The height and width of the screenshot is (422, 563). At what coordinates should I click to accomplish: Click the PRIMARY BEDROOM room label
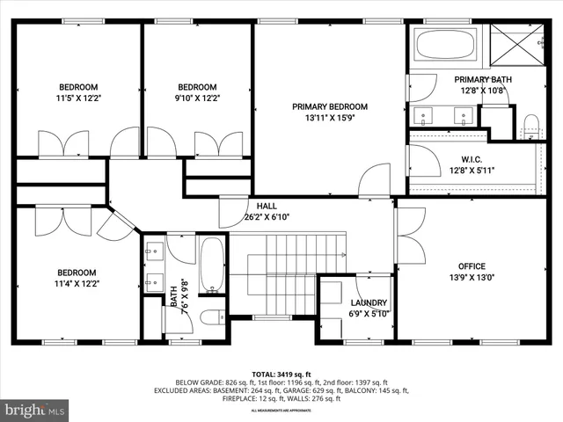330,106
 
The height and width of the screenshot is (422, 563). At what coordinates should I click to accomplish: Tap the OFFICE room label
471,266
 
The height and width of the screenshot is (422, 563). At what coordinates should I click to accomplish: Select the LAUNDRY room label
369,302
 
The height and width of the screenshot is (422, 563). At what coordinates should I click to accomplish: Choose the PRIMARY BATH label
483,79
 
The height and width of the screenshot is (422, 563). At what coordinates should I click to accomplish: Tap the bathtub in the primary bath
444,44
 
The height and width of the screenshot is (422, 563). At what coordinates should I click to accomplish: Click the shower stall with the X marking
515,43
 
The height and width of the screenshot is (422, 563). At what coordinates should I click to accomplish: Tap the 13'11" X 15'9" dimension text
330,119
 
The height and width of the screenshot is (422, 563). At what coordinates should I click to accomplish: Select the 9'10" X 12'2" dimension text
197,98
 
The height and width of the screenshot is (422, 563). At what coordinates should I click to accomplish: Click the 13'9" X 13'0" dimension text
471,279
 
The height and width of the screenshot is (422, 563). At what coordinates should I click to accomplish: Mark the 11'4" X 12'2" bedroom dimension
78,284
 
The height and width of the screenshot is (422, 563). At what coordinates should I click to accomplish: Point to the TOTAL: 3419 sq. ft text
281,374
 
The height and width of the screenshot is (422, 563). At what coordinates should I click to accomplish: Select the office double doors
410,236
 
